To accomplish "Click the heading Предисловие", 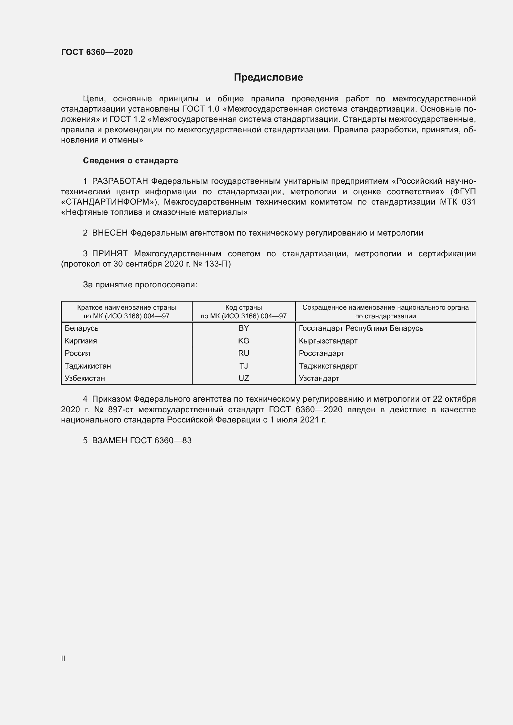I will pyautogui.click(x=268, y=77).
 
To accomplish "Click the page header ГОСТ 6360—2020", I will pyautogui.click(x=97, y=52).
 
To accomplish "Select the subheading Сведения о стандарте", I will pyautogui.click(x=131, y=161).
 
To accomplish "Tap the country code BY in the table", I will pyautogui.click(x=243, y=328).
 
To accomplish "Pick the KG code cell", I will pyautogui.click(x=243, y=341).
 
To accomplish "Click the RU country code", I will pyautogui.click(x=243, y=353).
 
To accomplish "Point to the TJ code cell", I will pyautogui.click(x=243, y=366).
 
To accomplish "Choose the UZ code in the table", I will pyautogui.click(x=243, y=378).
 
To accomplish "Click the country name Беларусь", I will pyautogui.click(x=82, y=328).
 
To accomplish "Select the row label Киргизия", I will pyautogui.click(x=81, y=341).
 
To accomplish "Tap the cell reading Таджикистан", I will pyautogui.click(x=88, y=366).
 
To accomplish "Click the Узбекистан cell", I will pyautogui.click(x=85, y=378).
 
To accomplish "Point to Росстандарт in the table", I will pyautogui.click(x=321, y=353).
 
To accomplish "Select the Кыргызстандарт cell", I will pyautogui.click(x=328, y=341).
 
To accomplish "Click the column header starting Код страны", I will pyautogui.click(x=243, y=311).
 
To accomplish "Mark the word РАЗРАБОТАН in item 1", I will pyautogui.click(x=120, y=181).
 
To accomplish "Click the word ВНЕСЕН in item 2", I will pyautogui.click(x=109, y=233).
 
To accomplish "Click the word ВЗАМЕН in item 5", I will pyautogui.click(x=109, y=440).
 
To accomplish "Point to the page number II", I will pyautogui.click(x=63, y=658).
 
